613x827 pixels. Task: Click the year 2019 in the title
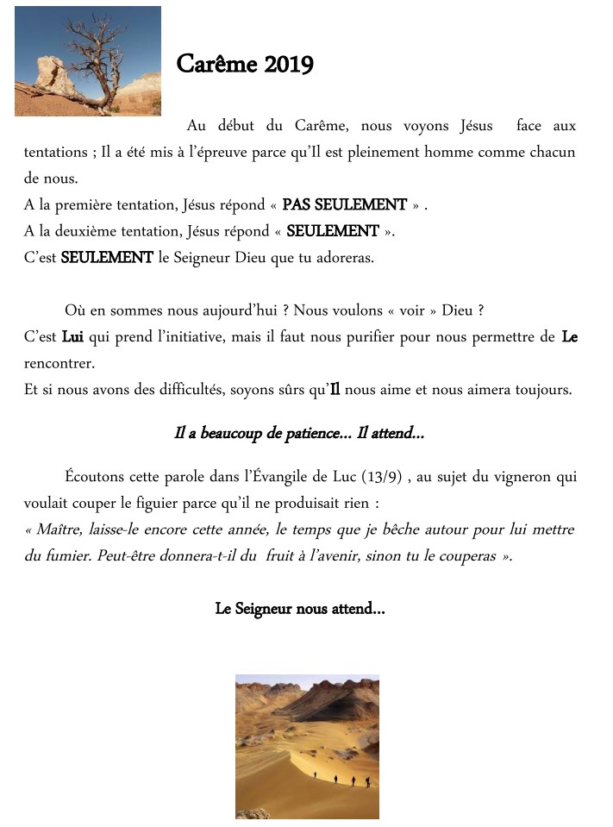tap(288, 65)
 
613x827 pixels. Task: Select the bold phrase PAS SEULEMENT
tap(344, 205)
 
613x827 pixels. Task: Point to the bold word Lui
tap(72, 337)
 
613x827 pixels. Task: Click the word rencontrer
tap(59, 363)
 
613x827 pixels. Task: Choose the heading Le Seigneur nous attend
tap(299, 609)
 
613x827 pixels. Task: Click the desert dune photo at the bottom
tap(307, 746)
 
